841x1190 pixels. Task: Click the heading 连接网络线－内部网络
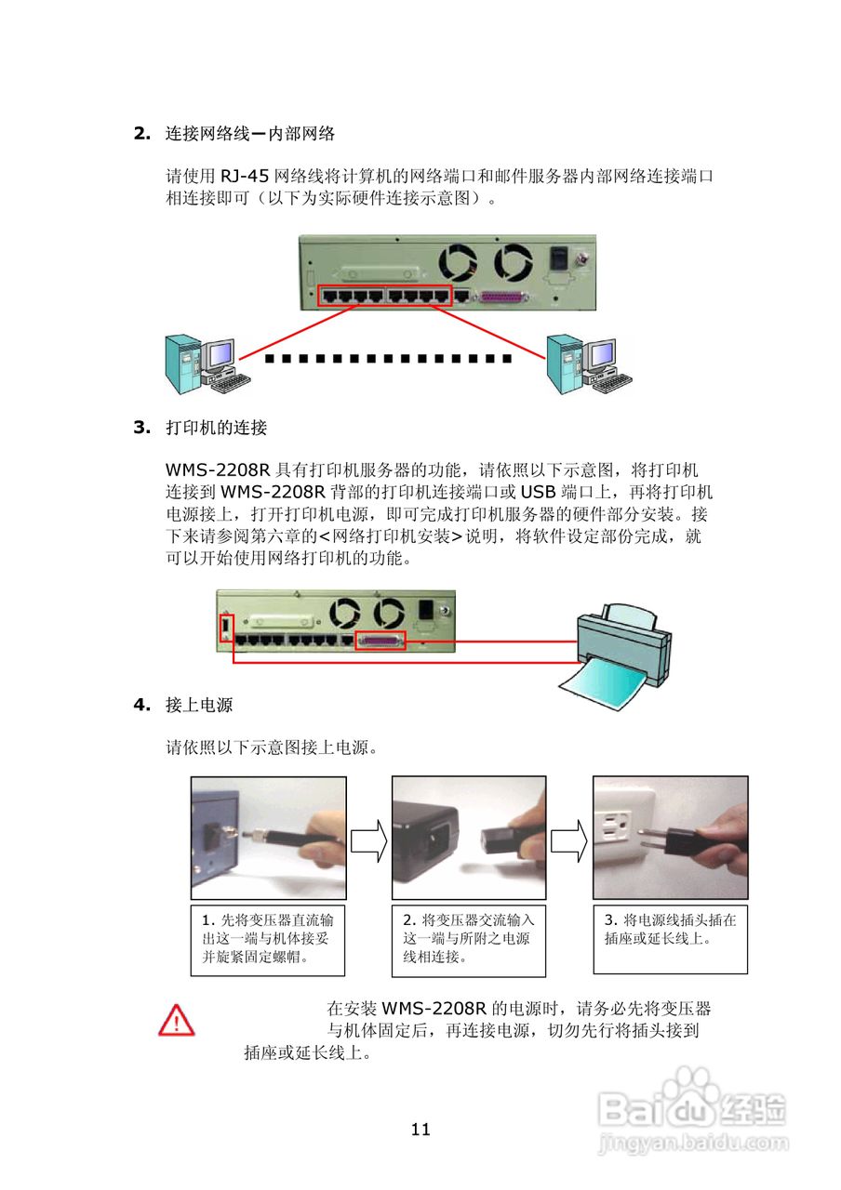pos(249,133)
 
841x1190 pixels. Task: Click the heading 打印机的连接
pos(216,428)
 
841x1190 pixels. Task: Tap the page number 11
pos(420,1130)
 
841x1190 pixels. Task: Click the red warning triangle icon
pos(176,1020)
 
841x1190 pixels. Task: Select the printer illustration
pos(621,641)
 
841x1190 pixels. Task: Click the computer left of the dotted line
pos(204,364)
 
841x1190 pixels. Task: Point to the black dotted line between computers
pos(388,358)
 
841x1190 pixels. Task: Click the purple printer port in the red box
pos(381,641)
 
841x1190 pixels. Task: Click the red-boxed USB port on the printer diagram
pos(225,628)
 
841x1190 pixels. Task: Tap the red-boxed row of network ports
pos(384,297)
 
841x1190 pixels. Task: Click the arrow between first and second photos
pos(368,840)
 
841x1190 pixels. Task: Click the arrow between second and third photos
pos(568,840)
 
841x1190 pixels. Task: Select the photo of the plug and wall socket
pos(670,838)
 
